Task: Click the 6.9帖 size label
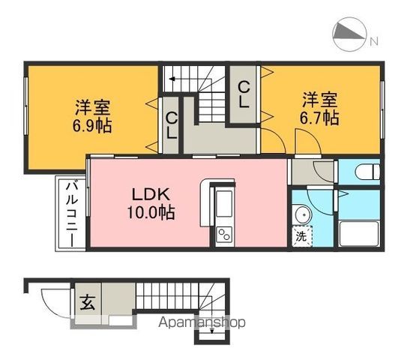point(93,125)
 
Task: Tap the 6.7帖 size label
point(320,118)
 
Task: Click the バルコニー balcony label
point(70,213)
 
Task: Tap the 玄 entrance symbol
point(88,304)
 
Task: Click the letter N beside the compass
point(373,39)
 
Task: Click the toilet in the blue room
point(362,171)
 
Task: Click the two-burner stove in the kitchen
point(223,234)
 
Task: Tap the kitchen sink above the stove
point(223,205)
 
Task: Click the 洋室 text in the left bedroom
point(93,106)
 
